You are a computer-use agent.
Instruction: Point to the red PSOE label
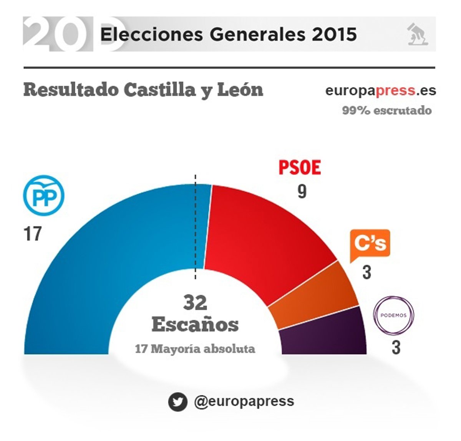click(x=299, y=167)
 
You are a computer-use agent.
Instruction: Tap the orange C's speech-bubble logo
click(x=370, y=244)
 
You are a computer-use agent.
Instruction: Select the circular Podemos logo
click(x=393, y=316)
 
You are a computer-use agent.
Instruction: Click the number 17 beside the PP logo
click(x=32, y=234)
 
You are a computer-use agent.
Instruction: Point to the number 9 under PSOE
click(x=302, y=191)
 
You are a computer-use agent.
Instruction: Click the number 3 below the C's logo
click(x=367, y=272)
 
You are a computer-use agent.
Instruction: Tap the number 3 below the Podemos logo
click(x=396, y=348)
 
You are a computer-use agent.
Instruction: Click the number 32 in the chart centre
click(x=195, y=303)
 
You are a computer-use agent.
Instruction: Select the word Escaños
click(x=195, y=325)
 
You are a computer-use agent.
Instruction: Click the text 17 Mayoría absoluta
click(x=195, y=349)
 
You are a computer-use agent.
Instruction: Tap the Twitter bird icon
click(x=177, y=402)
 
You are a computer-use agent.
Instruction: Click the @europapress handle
click(x=244, y=401)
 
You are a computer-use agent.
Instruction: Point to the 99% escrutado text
click(x=387, y=111)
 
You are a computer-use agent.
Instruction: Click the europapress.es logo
click(x=381, y=91)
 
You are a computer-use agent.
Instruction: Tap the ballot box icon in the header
click(x=418, y=34)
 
